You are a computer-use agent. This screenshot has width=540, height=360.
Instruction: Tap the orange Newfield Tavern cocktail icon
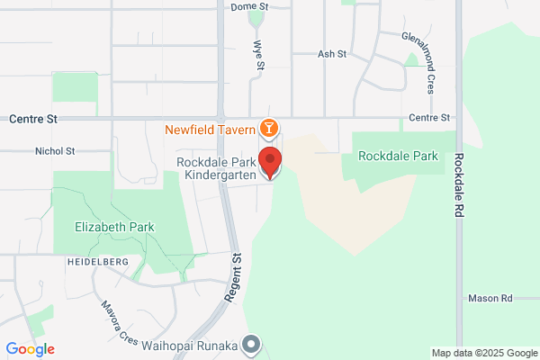[x=267, y=129]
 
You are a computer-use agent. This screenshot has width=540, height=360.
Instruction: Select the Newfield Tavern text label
[x=208, y=129]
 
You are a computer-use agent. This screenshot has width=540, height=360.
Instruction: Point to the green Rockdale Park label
[x=398, y=156]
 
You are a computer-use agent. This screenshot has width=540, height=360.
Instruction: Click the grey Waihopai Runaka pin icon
[x=254, y=344]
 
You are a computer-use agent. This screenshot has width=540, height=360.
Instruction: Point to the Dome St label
[x=250, y=6]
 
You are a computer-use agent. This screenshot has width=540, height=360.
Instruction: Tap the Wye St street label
[x=259, y=58]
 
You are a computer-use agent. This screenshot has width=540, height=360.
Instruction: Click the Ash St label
[x=332, y=54]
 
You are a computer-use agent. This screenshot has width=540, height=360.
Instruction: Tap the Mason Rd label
[x=490, y=298]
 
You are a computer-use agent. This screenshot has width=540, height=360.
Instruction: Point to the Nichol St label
[x=55, y=151]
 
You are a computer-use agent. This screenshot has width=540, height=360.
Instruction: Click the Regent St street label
[x=238, y=273]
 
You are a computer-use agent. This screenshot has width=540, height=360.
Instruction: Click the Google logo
[x=30, y=349]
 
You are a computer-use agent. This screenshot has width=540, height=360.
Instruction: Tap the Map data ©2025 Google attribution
[x=482, y=353]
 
